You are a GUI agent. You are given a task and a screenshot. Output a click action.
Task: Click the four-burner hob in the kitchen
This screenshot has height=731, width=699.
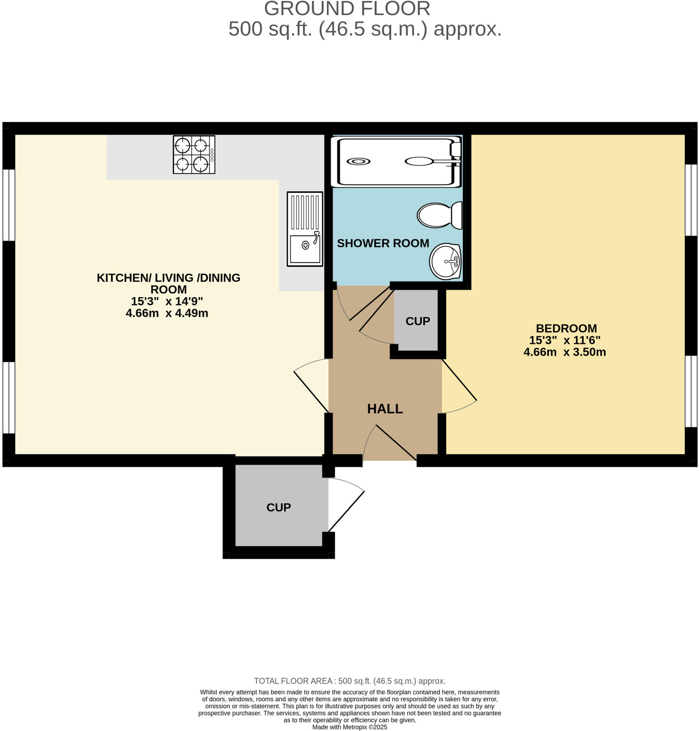pos(194,155)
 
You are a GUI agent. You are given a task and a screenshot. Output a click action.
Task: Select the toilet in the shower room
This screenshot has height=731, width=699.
pos(439,215)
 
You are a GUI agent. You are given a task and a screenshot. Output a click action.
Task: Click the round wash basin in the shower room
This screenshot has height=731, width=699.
pos(445,261)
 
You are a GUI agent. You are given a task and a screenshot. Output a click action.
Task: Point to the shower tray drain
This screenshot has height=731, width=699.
pos(358,161)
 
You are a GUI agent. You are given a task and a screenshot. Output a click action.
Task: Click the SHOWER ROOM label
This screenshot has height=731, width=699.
pos(383,243)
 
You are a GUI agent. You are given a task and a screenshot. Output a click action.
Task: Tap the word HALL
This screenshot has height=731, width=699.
pos(385,409)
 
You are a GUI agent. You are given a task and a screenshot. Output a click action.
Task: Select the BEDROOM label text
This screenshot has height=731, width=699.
pos(566,328)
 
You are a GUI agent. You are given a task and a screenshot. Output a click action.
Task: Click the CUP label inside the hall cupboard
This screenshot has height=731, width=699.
pos(417,321)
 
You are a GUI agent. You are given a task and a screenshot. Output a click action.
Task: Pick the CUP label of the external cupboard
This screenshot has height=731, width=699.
pos(278,507)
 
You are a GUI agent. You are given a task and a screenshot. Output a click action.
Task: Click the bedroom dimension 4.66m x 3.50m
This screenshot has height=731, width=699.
pos(564,352)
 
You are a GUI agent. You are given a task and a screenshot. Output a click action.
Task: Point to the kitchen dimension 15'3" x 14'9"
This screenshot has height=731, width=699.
pos(167,301)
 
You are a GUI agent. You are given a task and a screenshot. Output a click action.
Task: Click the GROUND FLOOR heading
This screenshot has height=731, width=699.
pos(347,9)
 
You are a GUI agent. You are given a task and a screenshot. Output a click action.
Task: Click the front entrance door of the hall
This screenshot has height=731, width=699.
pos(396,442)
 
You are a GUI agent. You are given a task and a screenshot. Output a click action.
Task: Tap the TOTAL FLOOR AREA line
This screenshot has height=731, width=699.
pos(349,681)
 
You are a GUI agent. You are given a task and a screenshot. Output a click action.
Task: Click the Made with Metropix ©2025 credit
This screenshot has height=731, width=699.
pos(349,727)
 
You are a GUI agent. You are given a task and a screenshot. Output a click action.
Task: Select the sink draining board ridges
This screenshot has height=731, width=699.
pos(305,212)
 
